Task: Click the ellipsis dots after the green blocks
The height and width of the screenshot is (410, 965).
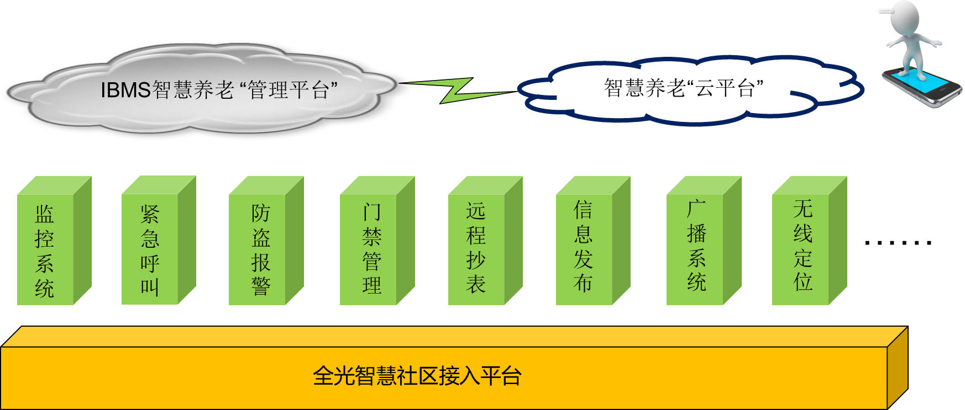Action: (898, 242)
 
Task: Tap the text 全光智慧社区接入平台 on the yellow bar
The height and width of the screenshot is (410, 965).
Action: (417, 376)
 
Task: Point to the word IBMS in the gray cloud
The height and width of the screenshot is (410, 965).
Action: (125, 90)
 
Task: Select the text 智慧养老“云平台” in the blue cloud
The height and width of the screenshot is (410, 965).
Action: (684, 88)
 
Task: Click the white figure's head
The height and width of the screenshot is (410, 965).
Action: (905, 17)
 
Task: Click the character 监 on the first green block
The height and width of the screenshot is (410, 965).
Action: (45, 214)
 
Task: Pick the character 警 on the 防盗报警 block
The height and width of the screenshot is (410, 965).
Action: (261, 286)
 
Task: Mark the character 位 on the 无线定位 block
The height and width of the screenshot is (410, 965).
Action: (803, 282)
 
